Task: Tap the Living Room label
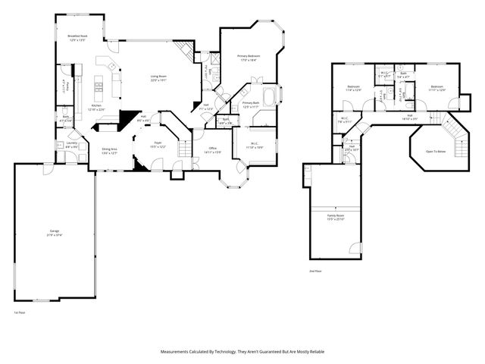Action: click(158, 76)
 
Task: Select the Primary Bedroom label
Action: click(248, 56)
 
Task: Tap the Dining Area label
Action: click(109, 149)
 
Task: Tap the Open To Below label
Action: click(435, 150)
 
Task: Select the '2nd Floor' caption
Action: click(314, 271)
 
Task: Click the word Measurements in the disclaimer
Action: click(176, 351)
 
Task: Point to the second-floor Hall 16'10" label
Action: click(409, 118)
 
